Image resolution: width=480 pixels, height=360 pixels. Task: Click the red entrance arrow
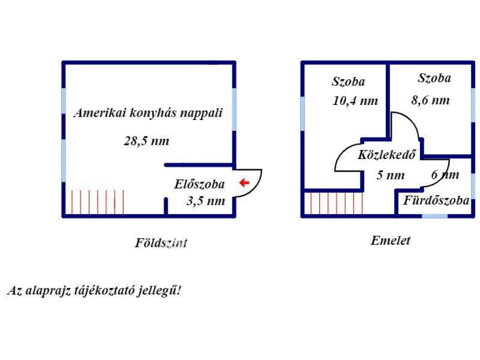244,182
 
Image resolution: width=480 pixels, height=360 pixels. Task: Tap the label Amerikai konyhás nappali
148,113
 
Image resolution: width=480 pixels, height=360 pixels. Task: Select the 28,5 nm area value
147,141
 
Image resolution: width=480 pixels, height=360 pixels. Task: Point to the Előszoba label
199,184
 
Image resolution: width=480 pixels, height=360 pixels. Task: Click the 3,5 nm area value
206,202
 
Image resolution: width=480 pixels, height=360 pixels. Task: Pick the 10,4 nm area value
355,101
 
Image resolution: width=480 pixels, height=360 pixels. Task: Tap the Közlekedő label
387,155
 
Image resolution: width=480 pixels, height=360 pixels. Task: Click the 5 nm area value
390,176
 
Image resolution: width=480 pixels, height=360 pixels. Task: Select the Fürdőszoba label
436,201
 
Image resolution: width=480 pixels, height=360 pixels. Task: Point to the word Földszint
161,243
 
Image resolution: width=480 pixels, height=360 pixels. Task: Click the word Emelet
390,241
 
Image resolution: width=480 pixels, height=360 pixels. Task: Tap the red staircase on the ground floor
97,202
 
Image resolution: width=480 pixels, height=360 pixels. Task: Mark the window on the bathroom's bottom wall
435,216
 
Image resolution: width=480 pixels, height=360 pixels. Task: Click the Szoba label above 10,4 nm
348,82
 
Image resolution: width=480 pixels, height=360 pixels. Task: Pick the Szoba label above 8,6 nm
435,78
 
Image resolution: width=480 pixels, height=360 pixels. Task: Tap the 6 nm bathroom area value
445,175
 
